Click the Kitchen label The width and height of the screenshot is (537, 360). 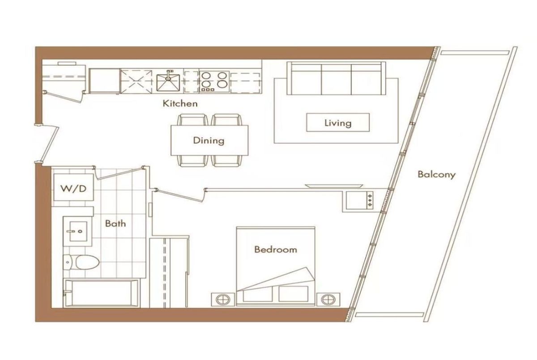tap(180, 103)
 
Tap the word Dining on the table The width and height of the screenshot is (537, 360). tap(209, 140)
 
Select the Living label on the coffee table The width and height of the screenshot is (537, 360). tap(338, 123)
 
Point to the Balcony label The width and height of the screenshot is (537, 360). tap(436, 174)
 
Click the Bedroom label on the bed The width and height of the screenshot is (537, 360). tap(276, 250)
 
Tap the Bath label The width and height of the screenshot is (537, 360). tap(115, 224)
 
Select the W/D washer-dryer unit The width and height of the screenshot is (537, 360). tap(73, 187)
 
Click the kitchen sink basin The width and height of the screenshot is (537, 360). tap(168, 83)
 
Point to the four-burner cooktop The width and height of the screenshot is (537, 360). tap(214, 82)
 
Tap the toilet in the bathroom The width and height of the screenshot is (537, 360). tap(81, 262)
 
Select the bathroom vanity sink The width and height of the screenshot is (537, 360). tap(77, 231)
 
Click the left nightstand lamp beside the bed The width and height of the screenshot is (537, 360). tap(223, 299)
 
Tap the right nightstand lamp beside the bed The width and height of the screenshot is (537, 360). tap(328, 299)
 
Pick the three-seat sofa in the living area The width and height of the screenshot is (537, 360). tap(337, 78)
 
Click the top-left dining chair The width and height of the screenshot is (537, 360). tap(192, 119)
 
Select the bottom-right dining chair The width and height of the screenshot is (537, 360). tap(226, 161)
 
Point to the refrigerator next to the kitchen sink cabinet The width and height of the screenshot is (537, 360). tap(104, 80)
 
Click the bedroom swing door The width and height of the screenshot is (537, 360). tap(180, 195)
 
